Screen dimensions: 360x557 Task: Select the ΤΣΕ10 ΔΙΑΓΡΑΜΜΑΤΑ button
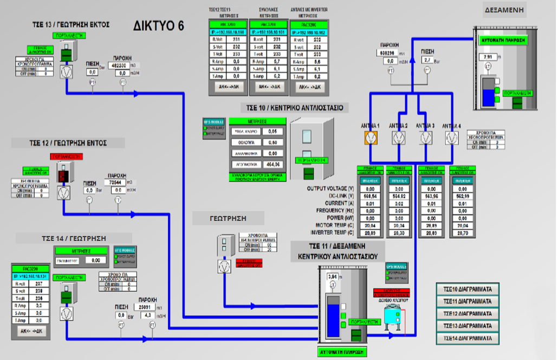pos(467,289)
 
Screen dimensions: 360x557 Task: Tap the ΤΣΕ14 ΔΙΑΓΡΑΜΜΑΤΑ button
pos(467,338)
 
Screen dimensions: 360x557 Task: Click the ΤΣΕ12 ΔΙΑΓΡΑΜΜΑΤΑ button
pos(467,313)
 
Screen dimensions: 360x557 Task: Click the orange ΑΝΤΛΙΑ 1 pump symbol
pos(370,138)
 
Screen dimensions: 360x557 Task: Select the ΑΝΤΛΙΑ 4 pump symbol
pos(451,138)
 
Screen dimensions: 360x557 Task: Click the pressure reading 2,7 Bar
pos(428,60)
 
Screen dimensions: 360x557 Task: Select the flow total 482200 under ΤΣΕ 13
pos(119,65)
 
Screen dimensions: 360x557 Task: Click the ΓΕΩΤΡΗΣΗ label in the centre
pos(228,218)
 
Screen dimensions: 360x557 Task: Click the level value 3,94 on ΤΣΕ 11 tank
pos(333,277)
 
